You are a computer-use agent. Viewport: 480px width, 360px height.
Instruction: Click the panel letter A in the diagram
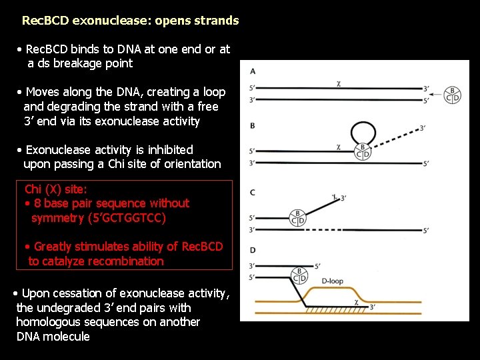[x=253, y=71]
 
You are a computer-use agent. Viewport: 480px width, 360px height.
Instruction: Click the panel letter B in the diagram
[x=253, y=125]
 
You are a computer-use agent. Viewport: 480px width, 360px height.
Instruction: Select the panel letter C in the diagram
[x=253, y=193]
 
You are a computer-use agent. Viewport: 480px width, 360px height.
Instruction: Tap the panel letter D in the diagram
[x=253, y=250]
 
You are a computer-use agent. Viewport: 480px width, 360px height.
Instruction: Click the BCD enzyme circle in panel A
[x=453, y=95]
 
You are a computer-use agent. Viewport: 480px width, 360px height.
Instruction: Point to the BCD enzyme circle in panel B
[x=363, y=151]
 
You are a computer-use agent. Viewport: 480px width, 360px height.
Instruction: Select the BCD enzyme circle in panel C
[x=298, y=217]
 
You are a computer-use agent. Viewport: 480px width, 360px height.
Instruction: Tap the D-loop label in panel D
[x=332, y=281]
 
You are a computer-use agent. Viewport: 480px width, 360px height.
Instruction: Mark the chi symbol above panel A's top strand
[x=339, y=83]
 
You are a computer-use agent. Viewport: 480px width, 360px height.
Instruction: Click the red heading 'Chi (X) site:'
[x=55, y=189]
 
